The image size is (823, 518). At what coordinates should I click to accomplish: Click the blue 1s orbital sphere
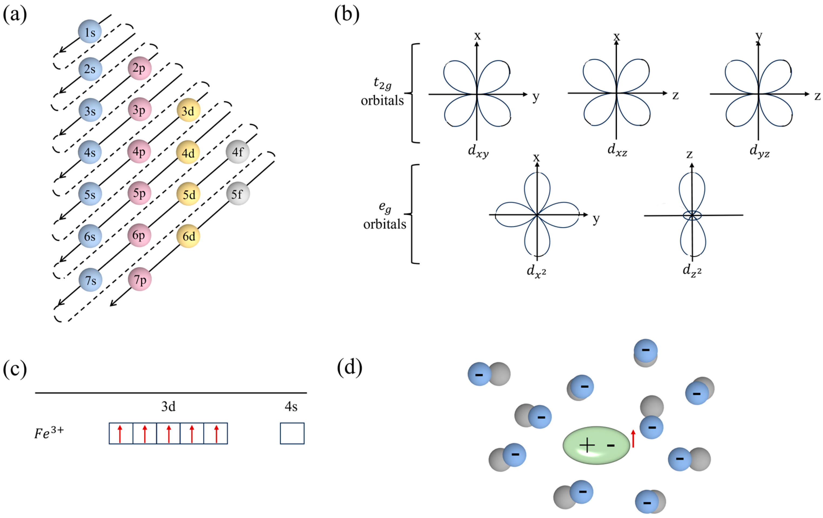90,31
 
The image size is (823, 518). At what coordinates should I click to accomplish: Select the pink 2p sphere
139,68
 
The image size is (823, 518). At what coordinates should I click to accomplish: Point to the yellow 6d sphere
188,236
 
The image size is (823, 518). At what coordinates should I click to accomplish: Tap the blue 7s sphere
90,280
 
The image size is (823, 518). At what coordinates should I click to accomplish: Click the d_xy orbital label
478,151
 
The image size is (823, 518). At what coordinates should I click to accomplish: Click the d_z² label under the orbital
692,271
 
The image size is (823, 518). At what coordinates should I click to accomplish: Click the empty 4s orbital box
292,433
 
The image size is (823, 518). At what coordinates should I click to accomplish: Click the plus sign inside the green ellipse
587,446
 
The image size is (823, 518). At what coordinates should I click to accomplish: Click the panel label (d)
349,368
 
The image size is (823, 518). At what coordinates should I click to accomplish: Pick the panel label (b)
347,14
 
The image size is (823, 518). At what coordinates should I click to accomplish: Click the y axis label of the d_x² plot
596,219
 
